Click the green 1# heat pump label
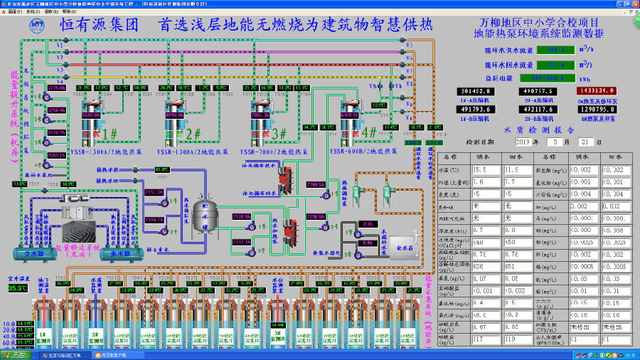(x=110, y=133)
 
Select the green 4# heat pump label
(x=369, y=132)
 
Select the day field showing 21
(x=596, y=142)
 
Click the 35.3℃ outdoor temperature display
(x=16, y=288)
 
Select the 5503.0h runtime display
(x=92, y=114)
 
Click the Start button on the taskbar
(x=16, y=354)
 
